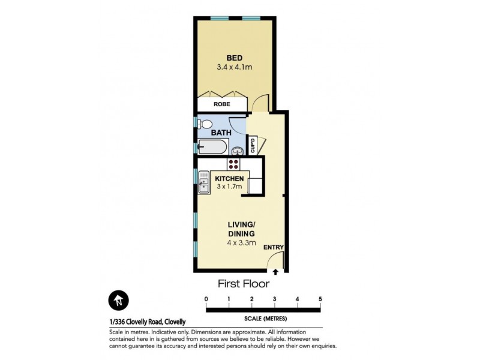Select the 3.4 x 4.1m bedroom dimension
click(x=234, y=68)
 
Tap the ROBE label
click(x=222, y=104)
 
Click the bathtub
click(x=212, y=146)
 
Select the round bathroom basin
click(x=238, y=150)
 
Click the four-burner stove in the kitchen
click(x=233, y=164)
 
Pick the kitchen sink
click(x=203, y=182)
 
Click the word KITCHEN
click(x=229, y=179)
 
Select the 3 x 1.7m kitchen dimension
click(x=229, y=187)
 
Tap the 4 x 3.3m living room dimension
click(x=241, y=243)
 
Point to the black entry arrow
click(x=275, y=272)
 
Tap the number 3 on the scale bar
click(x=275, y=299)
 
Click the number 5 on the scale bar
click(x=320, y=299)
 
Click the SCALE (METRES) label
click(x=263, y=318)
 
